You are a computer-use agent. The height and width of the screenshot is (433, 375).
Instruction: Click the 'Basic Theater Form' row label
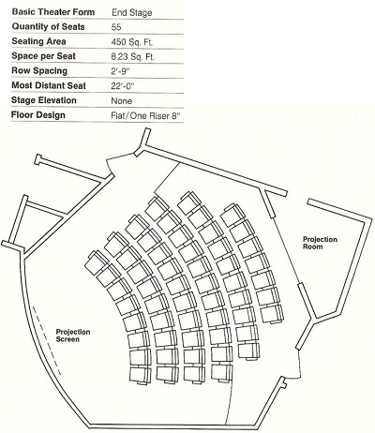pos(53,12)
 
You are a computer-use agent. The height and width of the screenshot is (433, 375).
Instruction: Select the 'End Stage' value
pos(131,13)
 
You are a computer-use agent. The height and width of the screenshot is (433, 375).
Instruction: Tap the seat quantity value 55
pos(116,27)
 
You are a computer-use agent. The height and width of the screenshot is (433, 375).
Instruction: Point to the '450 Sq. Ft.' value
pos(132,42)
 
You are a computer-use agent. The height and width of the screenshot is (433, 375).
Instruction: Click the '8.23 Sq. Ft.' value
pos(133,56)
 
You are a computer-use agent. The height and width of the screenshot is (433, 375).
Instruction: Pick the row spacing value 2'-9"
pos(120,71)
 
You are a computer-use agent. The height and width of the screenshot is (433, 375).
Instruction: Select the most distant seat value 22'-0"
pos(123,85)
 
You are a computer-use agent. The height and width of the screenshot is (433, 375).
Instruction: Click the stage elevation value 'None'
pos(122,100)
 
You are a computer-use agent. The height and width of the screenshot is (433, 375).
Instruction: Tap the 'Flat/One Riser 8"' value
pos(146,115)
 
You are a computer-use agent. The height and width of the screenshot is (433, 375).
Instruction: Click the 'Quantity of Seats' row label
pos(48,26)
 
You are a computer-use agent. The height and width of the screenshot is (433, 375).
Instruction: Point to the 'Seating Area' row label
pos(38,41)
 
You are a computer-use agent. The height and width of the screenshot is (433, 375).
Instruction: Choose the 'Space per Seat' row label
pos(43,56)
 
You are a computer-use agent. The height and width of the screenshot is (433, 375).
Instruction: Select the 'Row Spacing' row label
pos(39,70)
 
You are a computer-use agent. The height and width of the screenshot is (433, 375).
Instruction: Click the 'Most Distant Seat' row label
pos(49,85)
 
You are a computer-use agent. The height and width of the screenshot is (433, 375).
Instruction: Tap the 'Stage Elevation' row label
pos(44,100)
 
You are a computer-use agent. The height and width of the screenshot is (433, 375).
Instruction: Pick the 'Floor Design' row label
pos(38,115)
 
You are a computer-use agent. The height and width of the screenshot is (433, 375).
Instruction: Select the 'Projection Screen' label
pos(73,336)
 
